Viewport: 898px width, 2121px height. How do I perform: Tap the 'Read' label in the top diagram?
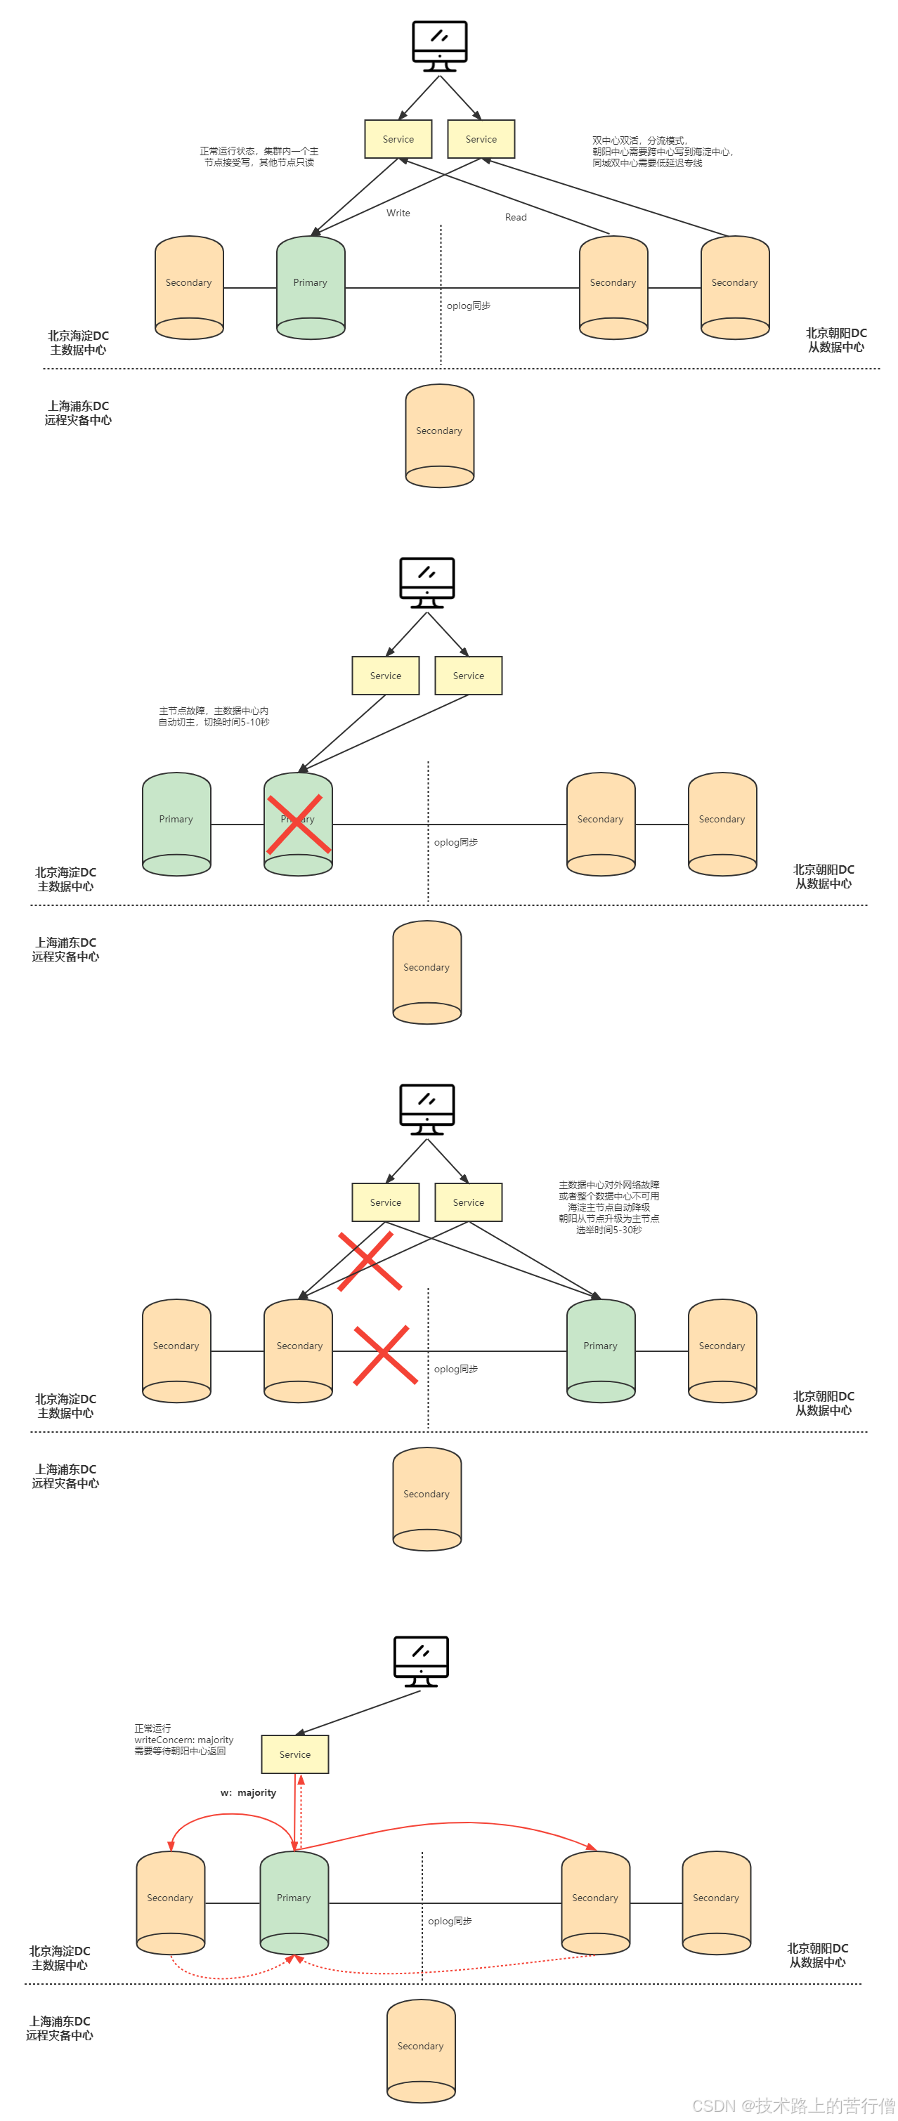(516, 218)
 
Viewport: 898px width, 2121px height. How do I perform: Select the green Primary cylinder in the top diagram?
(311, 287)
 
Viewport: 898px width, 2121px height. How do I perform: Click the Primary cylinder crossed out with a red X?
(298, 823)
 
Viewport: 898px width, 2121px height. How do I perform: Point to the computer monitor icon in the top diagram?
(440, 46)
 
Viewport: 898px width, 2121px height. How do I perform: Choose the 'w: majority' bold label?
(248, 1792)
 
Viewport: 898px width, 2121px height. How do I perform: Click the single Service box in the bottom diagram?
(295, 1754)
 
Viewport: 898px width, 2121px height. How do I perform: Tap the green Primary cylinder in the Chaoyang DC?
(601, 1351)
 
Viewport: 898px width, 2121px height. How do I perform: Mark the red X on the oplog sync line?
(382, 1355)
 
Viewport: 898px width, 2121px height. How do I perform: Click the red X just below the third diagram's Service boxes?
(369, 1261)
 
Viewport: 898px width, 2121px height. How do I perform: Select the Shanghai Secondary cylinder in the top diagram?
(439, 435)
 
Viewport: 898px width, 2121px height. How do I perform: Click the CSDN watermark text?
(793, 2106)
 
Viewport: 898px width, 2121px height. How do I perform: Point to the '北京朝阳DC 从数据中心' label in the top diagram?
(835, 340)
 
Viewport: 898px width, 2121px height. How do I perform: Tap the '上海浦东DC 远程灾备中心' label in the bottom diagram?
(59, 2028)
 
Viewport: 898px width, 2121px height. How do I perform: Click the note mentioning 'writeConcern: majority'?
(183, 1740)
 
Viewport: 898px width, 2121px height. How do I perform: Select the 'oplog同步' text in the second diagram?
(455, 842)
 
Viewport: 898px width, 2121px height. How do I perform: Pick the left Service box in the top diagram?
(398, 139)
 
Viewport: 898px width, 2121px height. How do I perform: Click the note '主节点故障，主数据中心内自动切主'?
(214, 716)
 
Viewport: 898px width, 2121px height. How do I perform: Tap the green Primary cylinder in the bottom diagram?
(294, 1903)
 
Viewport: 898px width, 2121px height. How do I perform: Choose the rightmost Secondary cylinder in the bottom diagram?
(716, 1903)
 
